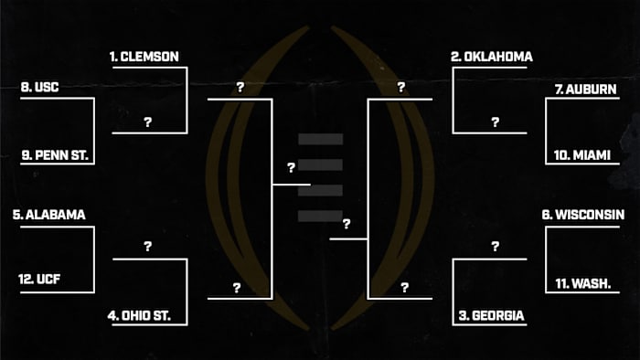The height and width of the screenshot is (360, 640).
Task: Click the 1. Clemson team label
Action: pos(144,57)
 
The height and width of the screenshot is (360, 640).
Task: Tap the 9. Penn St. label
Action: pos(55,156)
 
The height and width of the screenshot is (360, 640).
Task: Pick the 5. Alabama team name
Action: pos(49,216)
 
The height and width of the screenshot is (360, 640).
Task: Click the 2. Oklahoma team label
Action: pos(492,57)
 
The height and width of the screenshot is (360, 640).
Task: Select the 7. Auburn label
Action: pos(586,89)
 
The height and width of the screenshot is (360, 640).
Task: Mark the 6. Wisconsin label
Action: pos(583,215)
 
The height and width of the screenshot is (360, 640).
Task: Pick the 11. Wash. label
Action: pos(585,283)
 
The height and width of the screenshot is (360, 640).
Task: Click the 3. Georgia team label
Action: pos(491,316)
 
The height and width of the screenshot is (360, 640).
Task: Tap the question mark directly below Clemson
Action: pos(147,122)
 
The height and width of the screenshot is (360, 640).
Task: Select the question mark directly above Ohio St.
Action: pos(147,247)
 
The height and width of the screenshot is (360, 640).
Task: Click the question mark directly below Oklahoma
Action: pos(495,122)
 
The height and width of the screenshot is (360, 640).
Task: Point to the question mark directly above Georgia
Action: pos(495,247)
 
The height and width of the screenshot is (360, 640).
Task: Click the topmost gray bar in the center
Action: pos(320,139)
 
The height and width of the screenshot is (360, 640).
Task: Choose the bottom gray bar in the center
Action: pos(320,216)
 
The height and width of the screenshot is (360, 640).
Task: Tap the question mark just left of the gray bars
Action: pos(291,168)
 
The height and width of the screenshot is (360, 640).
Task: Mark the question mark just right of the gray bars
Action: pos(347,224)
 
